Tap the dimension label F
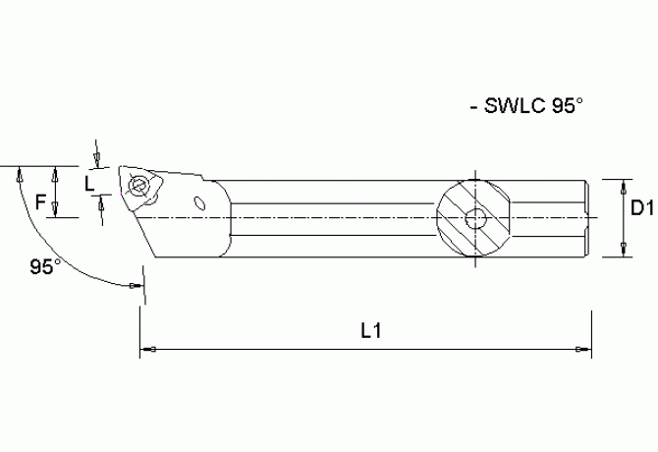click(40, 203)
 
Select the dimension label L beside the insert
click(90, 182)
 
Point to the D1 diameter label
click(642, 208)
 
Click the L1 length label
click(371, 331)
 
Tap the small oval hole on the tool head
click(200, 204)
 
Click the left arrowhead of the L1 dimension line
click(149, 350)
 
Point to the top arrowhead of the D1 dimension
click(624, 185)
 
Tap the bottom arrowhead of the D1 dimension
click(624, 252)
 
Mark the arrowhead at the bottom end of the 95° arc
click(135, 286)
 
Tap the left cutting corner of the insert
click(121, 168)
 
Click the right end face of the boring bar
click(592, 218)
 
